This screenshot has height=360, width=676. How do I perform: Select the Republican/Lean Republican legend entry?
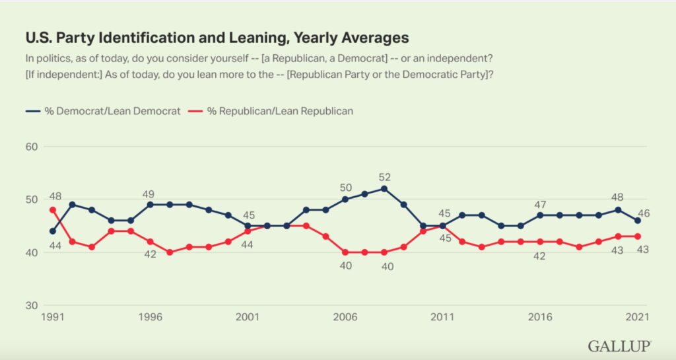pos(273,111)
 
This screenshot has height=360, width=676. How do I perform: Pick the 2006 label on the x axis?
pos(345,317)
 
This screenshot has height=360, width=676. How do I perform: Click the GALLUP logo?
pos(619,345)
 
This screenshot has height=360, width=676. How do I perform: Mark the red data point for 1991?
pos(53,210)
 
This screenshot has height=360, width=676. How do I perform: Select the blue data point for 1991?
pos(53,231)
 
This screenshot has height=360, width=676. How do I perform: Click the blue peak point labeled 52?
pos(384,188)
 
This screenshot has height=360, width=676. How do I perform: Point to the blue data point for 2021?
pos(638,221)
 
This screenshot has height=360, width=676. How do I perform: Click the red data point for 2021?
pos(638,236)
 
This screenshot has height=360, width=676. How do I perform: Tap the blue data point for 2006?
pos(345,199)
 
